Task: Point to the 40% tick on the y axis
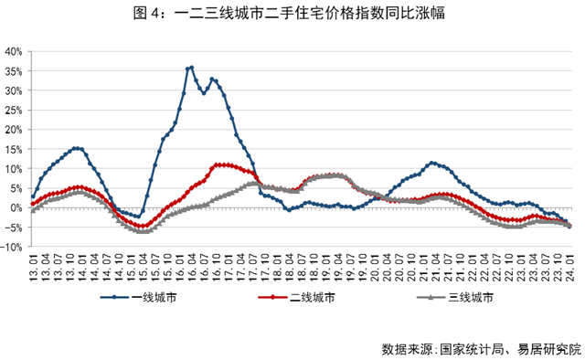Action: pos(13,51)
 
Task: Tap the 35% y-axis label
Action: pos(13,90)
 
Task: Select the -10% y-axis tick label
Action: pos(12,247)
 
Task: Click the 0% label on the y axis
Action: pos(16,207)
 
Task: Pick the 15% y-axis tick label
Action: pos(13,130)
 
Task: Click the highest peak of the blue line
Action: pos(190,67)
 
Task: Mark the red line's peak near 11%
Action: pos(219,164)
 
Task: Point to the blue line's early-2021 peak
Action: pos(431,164)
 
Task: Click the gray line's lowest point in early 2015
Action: pos(142,231)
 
